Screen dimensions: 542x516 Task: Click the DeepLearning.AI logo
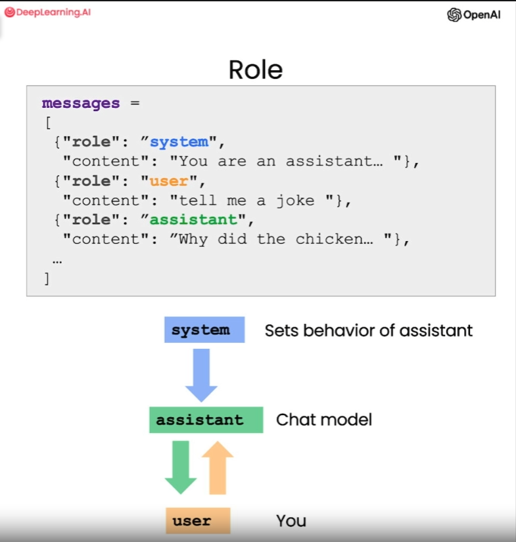tap(47, 12)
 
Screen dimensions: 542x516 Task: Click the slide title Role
tap(256, 70)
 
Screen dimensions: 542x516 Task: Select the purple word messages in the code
tap(81, 103)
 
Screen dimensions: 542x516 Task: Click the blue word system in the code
tap(179, 142)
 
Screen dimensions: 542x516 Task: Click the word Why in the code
tap(194, 239)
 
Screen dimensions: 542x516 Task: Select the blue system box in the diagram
tap(204, 330)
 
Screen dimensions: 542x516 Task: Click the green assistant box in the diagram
tap(206, 420)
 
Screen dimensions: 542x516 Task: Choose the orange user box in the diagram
tap(197, 521)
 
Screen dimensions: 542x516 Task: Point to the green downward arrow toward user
tap(181, 466)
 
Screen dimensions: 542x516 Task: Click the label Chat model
tap(323, 419)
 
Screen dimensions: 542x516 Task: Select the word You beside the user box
tap(291, 521)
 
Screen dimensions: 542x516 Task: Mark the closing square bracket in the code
tap(47, 278)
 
